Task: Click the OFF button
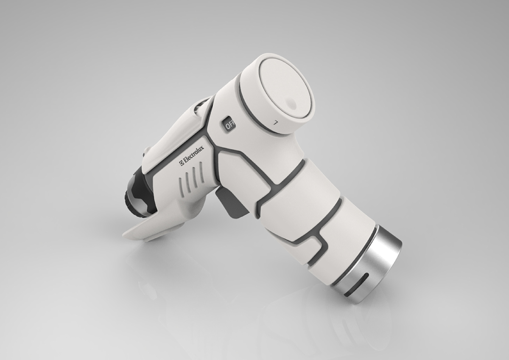pyautogui.click(x=229, y=124)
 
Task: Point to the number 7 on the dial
pyautogui.click(x=276, y=122)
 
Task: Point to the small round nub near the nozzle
pyautogui.click(x=146, y=150)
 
